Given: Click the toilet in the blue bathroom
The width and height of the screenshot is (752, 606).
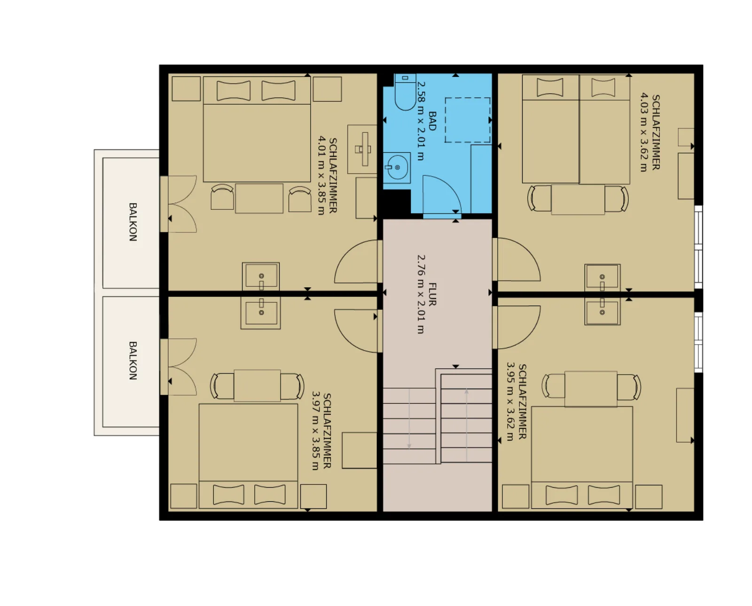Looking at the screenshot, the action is [405, 92].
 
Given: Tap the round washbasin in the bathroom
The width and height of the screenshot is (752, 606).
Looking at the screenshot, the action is [397, 168].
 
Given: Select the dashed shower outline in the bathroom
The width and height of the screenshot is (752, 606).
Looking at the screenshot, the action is [468, 120].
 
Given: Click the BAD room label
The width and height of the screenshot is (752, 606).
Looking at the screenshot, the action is [432, 121].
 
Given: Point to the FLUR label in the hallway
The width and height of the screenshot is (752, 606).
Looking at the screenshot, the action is [432, 295].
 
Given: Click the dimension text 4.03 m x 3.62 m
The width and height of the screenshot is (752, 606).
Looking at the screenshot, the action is [644, 132].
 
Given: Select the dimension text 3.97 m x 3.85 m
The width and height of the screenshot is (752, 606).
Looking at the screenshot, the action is [316, 431].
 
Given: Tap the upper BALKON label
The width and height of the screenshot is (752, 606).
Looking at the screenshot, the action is [133, 222].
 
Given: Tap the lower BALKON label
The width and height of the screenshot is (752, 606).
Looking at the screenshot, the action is [133, 361].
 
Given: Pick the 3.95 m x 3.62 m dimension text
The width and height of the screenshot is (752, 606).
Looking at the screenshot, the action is [510, 401].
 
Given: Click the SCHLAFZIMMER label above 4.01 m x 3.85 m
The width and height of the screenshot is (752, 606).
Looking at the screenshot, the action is [333, 176].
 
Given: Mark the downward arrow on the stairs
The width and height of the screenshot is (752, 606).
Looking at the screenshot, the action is [409, 419].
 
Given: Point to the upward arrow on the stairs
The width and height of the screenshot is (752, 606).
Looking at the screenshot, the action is [467, 425].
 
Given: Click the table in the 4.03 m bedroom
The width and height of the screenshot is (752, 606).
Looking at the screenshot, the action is [578, 199].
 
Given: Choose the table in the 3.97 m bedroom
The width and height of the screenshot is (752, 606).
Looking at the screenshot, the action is [257, 386].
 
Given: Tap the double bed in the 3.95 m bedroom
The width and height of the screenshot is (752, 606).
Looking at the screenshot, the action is [582, 457].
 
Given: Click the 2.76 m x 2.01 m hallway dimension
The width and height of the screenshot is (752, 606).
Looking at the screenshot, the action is [422, 294].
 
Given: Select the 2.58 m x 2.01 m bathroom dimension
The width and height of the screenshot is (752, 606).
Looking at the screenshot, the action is [422, 121].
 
